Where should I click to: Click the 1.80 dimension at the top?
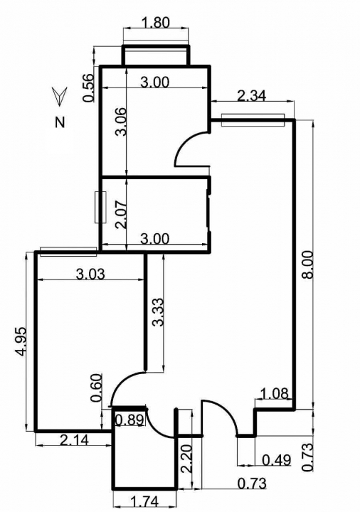pos(156,23)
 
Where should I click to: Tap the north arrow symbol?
pos(60,96)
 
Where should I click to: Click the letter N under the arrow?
pos(60,122)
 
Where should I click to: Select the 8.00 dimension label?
pos(308,265)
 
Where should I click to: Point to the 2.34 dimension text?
pos(251,96)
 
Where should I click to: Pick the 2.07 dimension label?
pos(120,215)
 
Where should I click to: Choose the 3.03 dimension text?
pos(90,274)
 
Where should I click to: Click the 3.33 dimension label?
pos(157,312)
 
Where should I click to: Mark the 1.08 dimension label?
pos(275,393)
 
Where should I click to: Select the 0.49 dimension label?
pos(276,460)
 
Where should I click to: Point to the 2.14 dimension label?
pos(74,440)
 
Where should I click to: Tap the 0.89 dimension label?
pos(129,420)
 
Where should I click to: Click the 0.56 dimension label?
pos(88,88)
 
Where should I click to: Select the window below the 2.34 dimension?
pos(253,120)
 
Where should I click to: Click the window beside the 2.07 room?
pos(100,208)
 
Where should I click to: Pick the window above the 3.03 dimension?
pos(68,252)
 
